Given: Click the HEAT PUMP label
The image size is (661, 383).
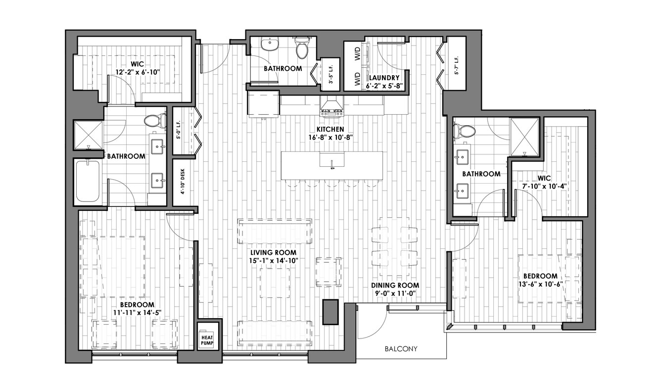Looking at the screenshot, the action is tap(207, 340).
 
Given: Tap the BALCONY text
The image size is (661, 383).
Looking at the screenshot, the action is tap(401, 349).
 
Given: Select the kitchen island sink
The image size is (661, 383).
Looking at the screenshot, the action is tap(332, 160).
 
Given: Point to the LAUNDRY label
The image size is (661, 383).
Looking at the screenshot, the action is tap(384, 78).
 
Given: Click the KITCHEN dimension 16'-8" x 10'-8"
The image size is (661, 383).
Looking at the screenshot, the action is tap(330, 137).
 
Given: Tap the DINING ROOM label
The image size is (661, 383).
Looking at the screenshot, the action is tap(395, 286).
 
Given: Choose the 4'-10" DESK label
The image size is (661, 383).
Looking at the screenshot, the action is tap(183, 182).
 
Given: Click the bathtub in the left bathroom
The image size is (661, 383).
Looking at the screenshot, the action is tap(88, 181).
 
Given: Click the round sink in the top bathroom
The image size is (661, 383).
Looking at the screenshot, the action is tap(270, 45).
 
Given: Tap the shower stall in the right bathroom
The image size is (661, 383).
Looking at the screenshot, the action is tap(524, 137).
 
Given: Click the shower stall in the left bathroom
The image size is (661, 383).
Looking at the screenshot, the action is tap(88, 135).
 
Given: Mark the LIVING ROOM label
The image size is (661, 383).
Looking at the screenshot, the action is tap(273, 252).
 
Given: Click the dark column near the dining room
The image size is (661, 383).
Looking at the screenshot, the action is tap(330, 312).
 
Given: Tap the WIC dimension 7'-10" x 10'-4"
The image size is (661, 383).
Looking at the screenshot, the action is tap(544, 187).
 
